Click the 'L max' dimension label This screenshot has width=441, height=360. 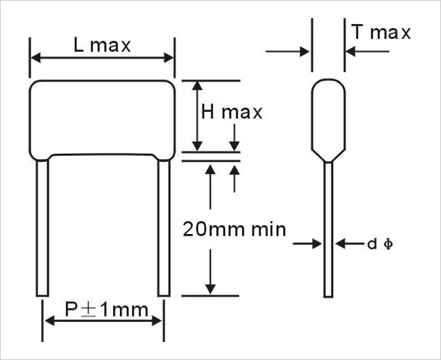(x=102, y=45)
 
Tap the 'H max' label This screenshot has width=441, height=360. (x=232, y=112)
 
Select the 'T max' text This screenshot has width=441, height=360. (x=381, y=32)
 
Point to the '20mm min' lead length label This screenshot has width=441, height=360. (x=234, y=229)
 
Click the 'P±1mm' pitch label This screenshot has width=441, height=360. (x=106, y=310)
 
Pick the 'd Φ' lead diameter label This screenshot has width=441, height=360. (x=379, y=244)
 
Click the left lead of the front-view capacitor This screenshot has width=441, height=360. (x=42, y=228)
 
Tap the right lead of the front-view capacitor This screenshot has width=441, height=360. (x=163, y=228)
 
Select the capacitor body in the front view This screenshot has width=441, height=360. (x=102, y=118)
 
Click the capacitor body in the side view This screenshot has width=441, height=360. (x=328, y=119)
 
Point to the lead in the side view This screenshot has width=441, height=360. (x=328, y=229)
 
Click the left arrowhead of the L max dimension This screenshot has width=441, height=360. (x=36, y=58)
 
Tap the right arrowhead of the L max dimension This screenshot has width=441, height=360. (x=169, y=58)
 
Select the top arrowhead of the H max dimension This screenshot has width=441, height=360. (x=197, y=85)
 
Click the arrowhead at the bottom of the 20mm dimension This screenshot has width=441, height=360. (x=210, y=289)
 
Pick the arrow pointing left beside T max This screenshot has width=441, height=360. (x=367, y=52)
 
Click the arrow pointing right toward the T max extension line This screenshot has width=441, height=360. (x=288, y=52)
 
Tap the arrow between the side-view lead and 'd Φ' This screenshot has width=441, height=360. (x=349, y=244)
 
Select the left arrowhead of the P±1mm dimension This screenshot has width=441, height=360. (x=49, y=320)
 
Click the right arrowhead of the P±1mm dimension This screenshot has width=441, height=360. (x=157, y=320)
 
